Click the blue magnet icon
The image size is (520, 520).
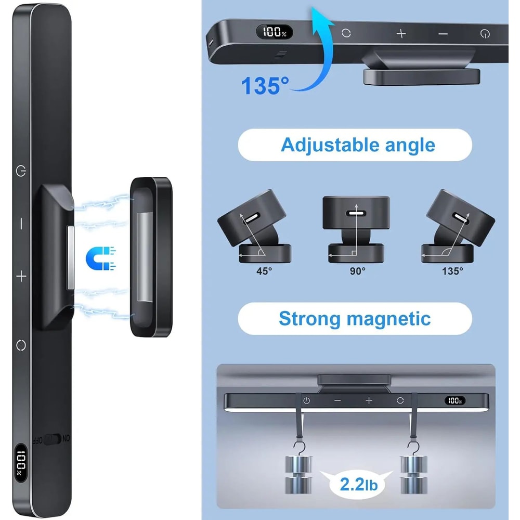(x=100, y=258)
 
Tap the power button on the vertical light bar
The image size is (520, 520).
(x=21, y=171)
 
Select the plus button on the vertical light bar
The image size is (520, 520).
(x=21, y=276)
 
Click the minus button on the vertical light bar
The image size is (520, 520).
(x=21, y=224)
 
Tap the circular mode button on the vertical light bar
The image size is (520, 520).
(x=21, y=345)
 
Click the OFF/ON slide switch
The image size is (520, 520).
(x=52, y=439)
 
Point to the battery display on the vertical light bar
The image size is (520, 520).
(x=21, y=463)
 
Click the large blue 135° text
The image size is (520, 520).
(x=265, y=86)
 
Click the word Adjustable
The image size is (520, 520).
(x=330, y=145)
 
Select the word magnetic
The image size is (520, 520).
(x=388, y=319)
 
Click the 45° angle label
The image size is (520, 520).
(x=264, y=271)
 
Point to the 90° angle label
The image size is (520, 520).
(x=358, y=271)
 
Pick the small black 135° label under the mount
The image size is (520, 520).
(x=452, y=271)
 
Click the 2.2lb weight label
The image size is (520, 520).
(x=359, y=485)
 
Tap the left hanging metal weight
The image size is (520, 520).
(x=298, y=474)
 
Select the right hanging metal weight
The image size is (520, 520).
(x=413, y=474)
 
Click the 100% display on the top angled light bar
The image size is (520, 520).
(x=274, y=32)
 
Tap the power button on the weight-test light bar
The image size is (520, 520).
(x=306, y=400)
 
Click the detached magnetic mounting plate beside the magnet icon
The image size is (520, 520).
(x=151, y=257)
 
